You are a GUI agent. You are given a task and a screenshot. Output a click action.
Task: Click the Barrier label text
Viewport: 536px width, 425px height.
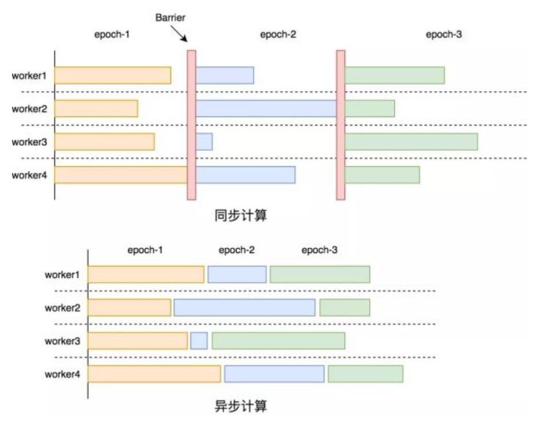(170, 17)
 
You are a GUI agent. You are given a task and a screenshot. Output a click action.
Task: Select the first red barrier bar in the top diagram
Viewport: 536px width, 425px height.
(192, 125)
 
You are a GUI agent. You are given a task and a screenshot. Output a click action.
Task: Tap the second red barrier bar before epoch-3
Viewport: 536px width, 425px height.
(340, 125)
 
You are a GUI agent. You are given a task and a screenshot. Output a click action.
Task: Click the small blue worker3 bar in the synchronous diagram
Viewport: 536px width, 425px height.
(204, 142)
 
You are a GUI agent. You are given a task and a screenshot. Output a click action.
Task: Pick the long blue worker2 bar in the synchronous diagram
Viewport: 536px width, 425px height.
(266, 108)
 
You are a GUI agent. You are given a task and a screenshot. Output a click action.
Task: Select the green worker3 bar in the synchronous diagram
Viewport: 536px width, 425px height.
(411, 142)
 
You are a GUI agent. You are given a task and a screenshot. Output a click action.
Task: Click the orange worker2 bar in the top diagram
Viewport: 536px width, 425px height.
(96, 108)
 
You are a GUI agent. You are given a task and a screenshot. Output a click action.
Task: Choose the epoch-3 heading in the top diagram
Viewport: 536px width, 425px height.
(444, 34)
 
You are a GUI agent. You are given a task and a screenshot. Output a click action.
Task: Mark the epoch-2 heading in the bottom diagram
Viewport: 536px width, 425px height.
(236, 250)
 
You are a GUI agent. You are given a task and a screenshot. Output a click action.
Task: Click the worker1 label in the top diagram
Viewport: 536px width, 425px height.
(29, 75)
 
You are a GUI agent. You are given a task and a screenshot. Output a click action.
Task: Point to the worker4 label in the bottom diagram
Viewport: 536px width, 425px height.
(63, 375)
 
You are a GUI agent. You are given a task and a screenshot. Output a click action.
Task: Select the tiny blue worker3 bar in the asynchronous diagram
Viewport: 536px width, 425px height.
(199, 341)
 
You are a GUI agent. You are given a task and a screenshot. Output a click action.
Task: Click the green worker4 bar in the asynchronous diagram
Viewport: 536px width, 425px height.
(366, 374)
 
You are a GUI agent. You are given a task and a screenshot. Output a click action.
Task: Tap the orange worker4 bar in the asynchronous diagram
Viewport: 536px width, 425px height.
(154, 374)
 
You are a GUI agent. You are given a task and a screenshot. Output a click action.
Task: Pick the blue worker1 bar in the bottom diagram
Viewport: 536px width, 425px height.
(237, 274)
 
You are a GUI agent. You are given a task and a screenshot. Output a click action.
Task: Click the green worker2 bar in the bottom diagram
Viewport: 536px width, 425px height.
(344, 307)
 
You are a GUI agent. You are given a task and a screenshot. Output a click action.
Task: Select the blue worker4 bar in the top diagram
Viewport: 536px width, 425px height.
(246, 175)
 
